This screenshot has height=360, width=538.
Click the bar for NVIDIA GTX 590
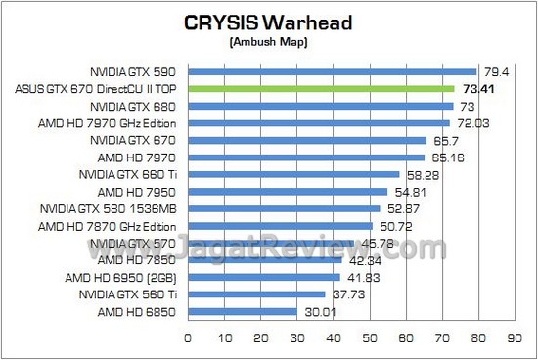[332, 71]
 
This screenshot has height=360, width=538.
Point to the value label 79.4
[493, 71]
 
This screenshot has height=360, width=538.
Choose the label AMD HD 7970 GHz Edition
[111, 122]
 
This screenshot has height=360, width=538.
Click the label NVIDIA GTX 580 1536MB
[110, 208]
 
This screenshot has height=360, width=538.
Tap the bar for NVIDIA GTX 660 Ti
[292, 174]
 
